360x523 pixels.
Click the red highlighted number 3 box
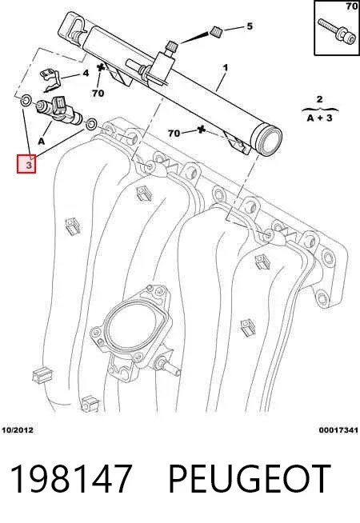[26, 164]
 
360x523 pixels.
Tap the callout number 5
[250, 26]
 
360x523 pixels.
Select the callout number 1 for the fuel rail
[226, 67]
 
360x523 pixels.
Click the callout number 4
[86, 73]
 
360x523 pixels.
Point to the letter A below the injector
[42, 142]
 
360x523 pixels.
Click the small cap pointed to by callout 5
[217, 32]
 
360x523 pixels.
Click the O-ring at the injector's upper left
[26, 100]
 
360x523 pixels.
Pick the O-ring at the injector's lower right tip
[91, 124]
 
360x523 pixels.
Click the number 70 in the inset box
[352, 6]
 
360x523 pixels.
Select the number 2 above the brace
[320, 99]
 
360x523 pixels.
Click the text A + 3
[320, 118]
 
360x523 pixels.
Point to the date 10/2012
[18, 430]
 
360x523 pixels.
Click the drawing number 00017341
[338, 430]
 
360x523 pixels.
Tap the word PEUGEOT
[250, 479]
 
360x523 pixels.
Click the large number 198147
[70, 479]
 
